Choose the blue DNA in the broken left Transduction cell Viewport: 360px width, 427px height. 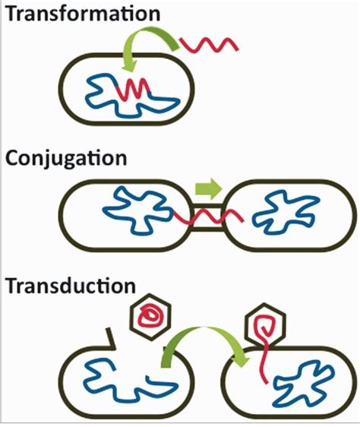coord(118,379)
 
